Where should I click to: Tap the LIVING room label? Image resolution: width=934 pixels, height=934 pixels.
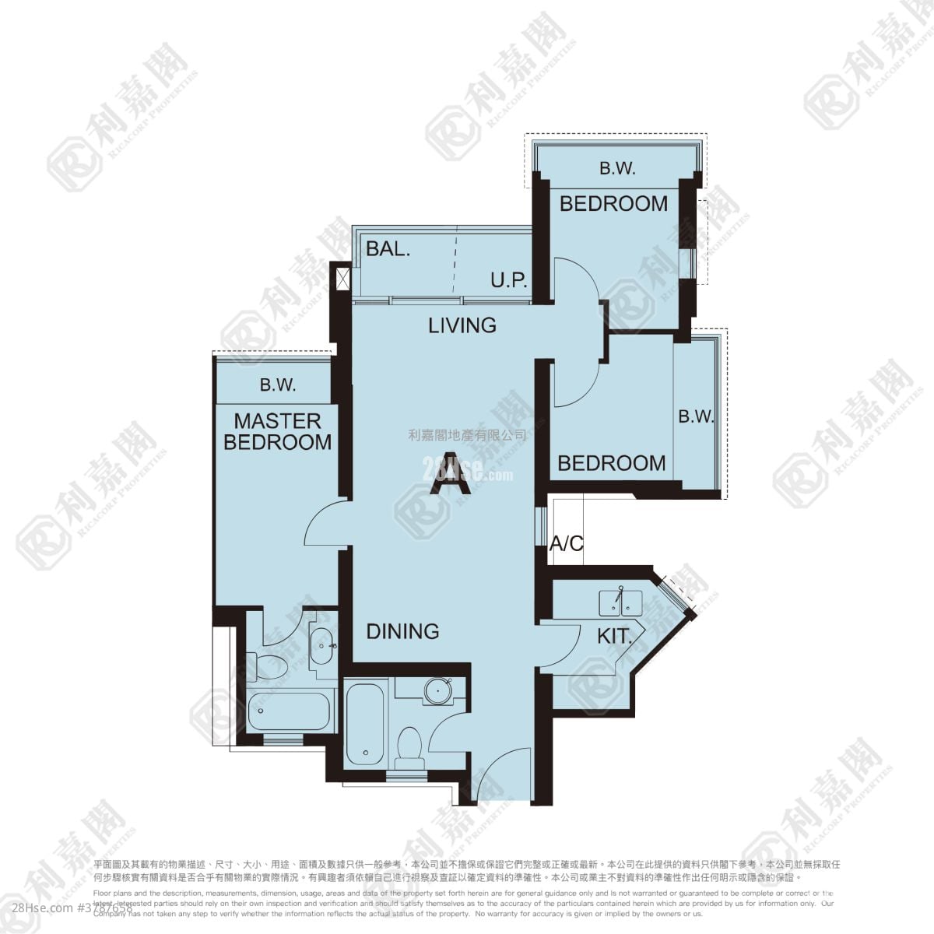(462, 325)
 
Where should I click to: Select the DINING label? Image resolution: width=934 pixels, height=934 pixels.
(402, 630)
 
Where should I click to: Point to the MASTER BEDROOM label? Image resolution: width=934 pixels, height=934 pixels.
(278, 431)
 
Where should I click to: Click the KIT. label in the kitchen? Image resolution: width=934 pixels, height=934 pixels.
(613, 637)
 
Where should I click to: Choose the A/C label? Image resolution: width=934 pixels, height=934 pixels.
(566, 543)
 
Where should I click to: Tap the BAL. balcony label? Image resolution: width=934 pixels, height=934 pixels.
(388, 249)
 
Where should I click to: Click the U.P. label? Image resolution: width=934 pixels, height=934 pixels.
(509, 280)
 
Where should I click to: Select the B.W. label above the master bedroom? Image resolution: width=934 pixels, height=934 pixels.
(277, 384)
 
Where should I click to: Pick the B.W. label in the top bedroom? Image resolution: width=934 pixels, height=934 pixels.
(617, 167)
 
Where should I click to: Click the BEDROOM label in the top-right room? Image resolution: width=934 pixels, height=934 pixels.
(613, 204)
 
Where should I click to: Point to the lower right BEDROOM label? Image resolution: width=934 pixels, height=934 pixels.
(612, 463)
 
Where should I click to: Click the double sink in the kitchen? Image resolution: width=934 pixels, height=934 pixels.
(620, 602)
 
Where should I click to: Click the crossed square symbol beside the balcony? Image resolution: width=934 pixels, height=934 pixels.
(341, 278)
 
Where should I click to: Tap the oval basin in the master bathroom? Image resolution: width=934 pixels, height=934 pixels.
(321, 644)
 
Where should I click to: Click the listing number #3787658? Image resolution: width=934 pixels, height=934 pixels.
(104, 908)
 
